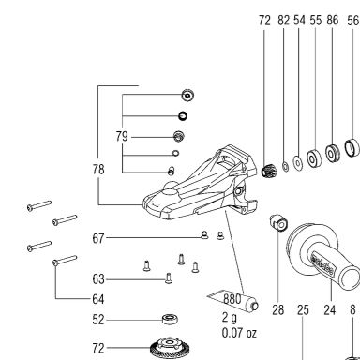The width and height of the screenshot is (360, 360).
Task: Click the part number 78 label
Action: click(x=98, y=170)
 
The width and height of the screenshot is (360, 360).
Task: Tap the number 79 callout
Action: click(x=122, y=137)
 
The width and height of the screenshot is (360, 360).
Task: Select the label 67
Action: click(x=98, y=238)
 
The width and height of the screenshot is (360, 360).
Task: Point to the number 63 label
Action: click(x=98, y=279)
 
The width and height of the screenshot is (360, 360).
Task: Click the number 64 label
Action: click(x=98, y=299)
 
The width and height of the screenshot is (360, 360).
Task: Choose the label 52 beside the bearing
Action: click(x=98, y=320)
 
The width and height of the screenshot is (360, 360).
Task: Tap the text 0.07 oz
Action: click(x=239, y=333)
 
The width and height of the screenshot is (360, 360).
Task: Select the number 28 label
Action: click(x=278, y=310)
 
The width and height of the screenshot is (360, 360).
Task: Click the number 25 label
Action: click(x=303, y=310)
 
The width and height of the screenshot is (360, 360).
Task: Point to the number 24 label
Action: click(x=330, y=310)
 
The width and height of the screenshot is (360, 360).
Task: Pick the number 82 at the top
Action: click(x=284, y=21)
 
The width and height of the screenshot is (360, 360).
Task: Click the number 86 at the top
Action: click(x=333, y=21)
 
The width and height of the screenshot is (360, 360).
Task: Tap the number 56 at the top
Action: click(x=353, y=21)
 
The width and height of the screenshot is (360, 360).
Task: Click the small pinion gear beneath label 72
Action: click(x=267, y=171)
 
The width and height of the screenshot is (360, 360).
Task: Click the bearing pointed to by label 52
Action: click(x=171, y=320)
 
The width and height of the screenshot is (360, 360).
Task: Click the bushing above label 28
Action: click(x=278, y=223)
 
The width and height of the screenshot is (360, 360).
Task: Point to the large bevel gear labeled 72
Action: click(x=170, y=349)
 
